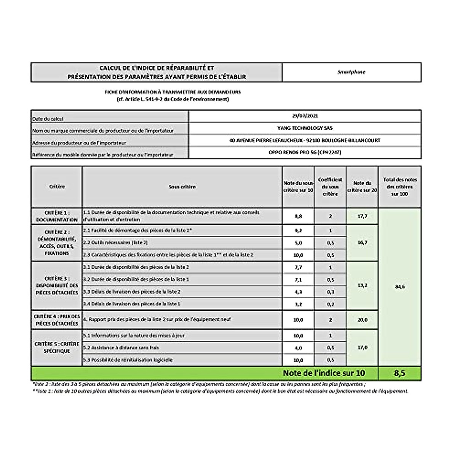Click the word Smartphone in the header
(351, 72)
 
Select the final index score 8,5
(399, 373)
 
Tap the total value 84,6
(399, 287)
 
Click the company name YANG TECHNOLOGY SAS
(305, 128)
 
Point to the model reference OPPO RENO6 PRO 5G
(305, 152)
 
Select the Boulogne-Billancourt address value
(305, 140)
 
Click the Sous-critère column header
(182, 187)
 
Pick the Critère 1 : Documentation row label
(56, 216)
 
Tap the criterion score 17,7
(362, 216)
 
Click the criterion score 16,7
(362, 243)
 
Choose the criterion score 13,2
(362, 285)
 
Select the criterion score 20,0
(362, 320)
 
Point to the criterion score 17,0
(362, 347)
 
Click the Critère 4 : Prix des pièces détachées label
(56, 320)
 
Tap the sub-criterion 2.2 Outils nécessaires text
(115, 243)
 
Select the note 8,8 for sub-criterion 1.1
(298, 216)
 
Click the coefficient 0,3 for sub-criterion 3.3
(330, 292)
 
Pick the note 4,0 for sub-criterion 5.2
(298, 348)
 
